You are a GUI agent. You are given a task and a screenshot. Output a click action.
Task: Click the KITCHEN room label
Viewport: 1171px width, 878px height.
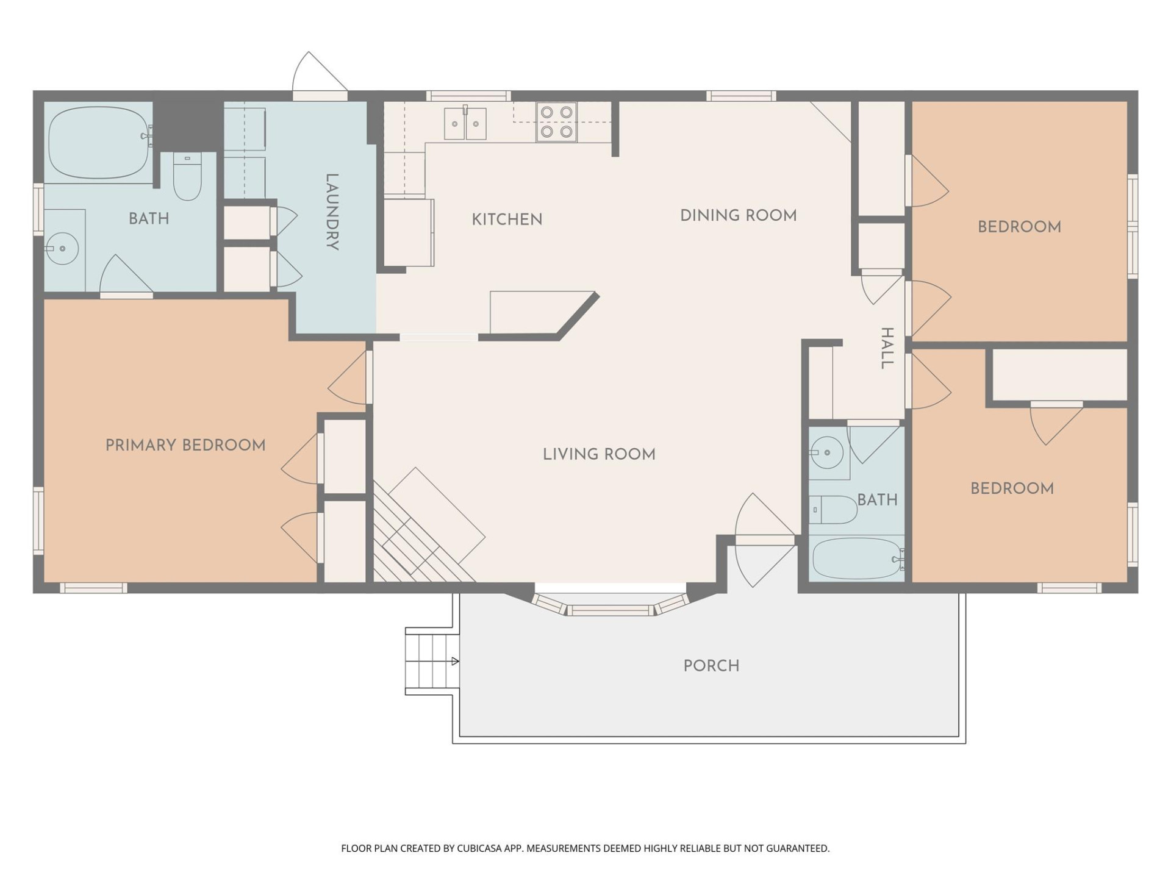point(507,220)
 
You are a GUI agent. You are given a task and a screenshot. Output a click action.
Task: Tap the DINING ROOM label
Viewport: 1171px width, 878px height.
point(738,215)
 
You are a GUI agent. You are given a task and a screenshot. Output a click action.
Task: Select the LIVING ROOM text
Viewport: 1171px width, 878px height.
point(599,454)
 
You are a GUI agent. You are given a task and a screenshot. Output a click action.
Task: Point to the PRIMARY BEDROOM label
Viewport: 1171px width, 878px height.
point(185,445)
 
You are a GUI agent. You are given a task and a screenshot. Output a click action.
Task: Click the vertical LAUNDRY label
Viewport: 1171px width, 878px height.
point(332,212)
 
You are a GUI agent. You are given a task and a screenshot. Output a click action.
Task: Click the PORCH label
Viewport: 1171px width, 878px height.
point(711,666)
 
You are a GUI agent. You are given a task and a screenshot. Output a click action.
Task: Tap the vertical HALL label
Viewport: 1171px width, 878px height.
point(887,348)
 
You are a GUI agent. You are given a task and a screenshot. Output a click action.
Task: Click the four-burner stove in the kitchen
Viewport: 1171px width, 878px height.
point(556,122)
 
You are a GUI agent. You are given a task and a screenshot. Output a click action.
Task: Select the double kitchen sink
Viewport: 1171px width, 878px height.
point(465,124)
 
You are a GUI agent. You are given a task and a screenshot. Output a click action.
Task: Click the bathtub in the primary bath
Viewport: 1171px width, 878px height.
point(99,142)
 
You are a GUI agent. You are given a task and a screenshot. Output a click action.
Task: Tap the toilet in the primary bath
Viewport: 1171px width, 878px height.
point(187,176)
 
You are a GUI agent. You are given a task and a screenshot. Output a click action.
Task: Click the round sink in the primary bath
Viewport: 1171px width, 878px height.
point(62,248)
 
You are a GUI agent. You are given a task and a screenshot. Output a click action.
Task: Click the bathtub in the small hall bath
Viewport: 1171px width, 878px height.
point(857,559)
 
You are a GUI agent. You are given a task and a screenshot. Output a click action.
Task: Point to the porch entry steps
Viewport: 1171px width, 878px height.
point(432,662)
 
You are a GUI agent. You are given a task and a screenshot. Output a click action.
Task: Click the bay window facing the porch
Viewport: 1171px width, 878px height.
point(610,608)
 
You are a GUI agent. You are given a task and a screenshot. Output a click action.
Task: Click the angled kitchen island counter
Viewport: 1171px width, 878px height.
point(537,312)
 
